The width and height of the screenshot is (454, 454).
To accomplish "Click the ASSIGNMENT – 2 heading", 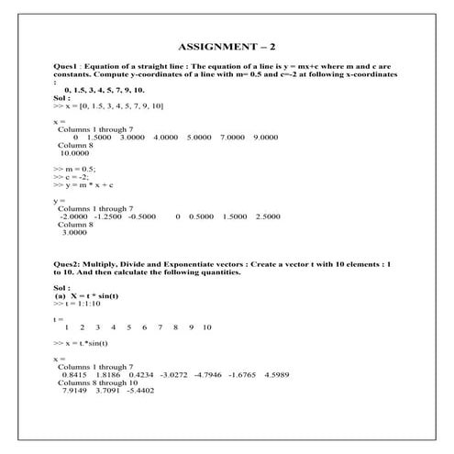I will tap(227, 46).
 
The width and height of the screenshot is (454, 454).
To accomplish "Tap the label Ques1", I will tap(68, 67).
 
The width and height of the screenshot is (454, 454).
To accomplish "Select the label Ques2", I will tap(69, 264).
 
